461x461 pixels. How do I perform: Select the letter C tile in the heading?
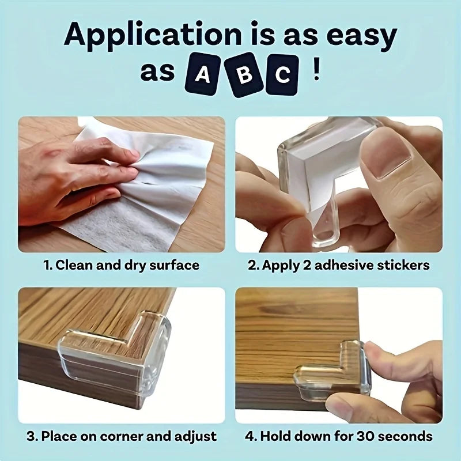(282, 74)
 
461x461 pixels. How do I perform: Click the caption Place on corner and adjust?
(122, 436)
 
